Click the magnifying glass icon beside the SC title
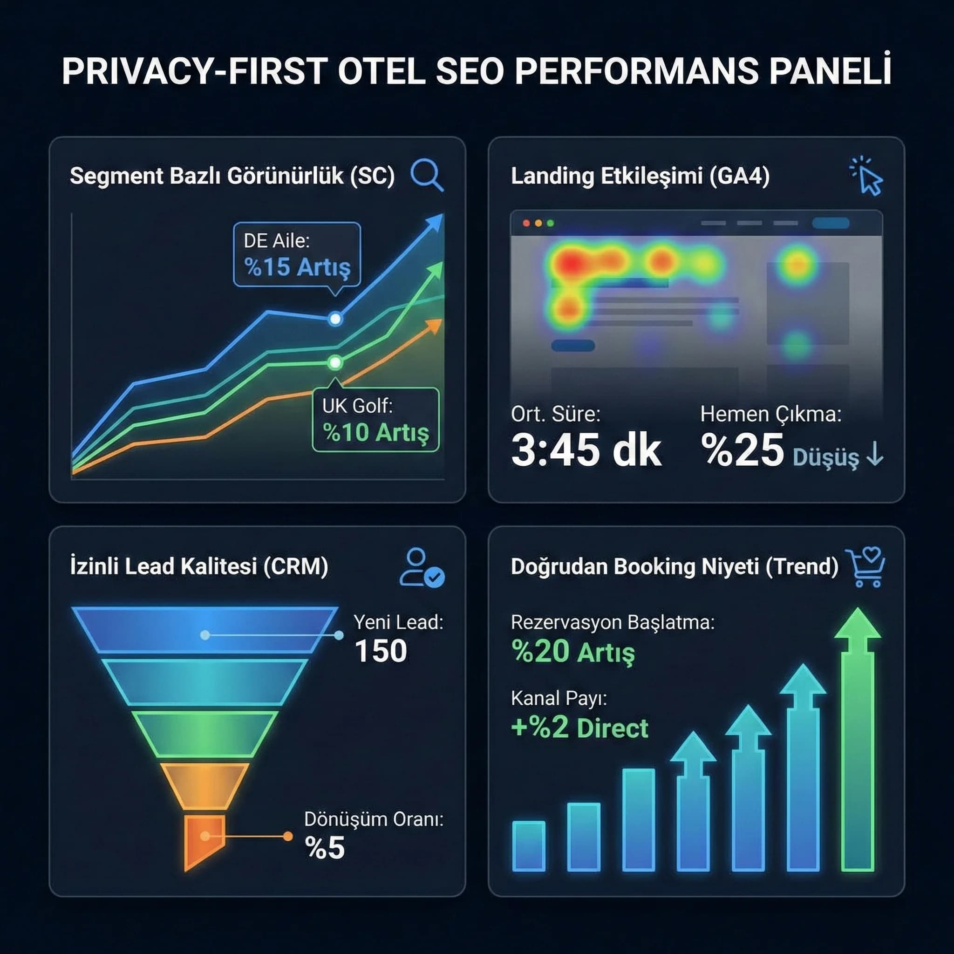click(x=426, y=174)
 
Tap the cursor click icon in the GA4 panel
click(x=867, y=177)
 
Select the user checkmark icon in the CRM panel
click(x=421, y=568)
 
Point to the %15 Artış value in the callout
click(x=297, y=267)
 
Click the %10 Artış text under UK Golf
click(x=376, y=433)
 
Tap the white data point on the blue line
click(x=335, y=319)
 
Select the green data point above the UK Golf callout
click(x=335, y=363)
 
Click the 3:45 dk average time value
click(x=586, y=450)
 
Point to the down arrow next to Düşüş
click(x=875, y=454)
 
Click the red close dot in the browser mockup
click(x=526, y=223)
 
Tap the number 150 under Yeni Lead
click(x=381, y=651)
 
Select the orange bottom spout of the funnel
click(x=204, y=839)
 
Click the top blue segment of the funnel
click(x=204, y=630)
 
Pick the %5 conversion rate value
click(x=324, y=848)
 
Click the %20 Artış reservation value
click(x=573, y=652)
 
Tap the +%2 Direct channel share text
click(x=579, y=729)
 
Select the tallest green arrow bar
click(x=858, y=741)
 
